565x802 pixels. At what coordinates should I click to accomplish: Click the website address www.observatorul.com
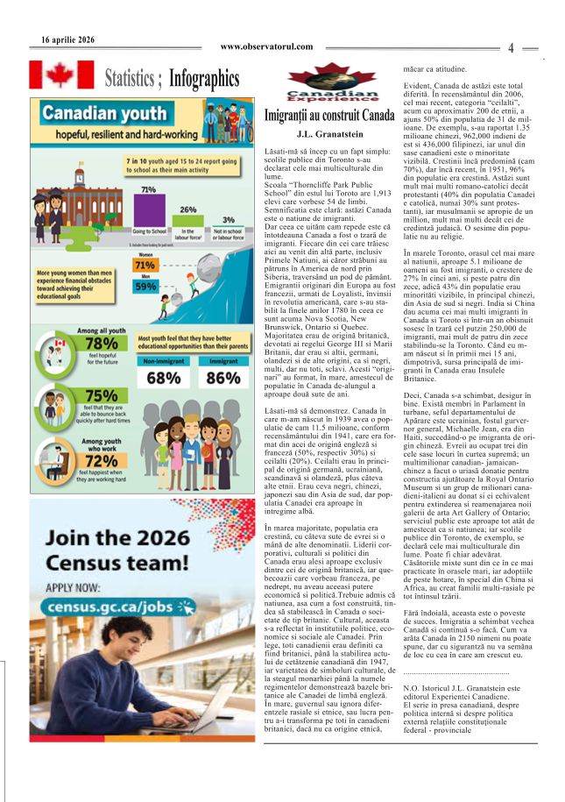(x=267, y=46)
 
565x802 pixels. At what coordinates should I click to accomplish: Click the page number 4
(x=511, y=48)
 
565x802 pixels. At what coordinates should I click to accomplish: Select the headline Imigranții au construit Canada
(x=329, y=116)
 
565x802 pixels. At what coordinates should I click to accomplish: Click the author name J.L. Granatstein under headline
(x=329, y=134)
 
